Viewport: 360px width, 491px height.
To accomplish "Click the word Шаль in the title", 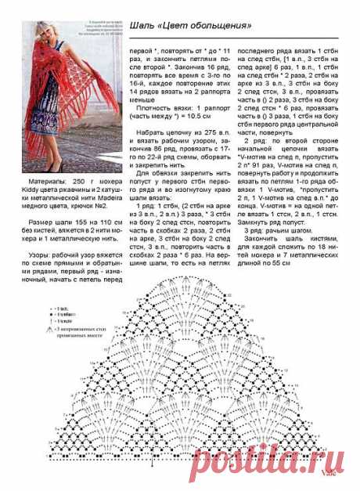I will (143, 26).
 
